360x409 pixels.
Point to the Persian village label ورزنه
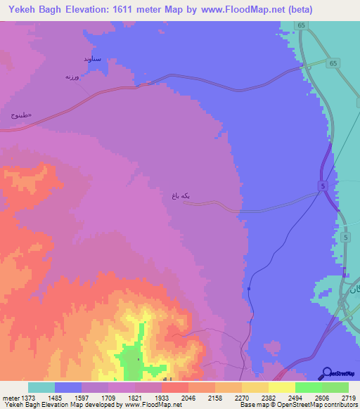coord(75,76)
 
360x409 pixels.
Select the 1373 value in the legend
coord(30,397)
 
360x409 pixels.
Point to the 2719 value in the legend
coord(349,397)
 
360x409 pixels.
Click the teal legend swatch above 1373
coord(41,387)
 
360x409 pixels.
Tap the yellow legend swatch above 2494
coord(282,387)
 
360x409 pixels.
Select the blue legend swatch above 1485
coord(68,387)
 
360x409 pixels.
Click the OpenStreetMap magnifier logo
coord(326,372)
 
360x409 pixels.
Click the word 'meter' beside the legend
coord(11,397)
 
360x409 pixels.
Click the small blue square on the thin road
coord(250,287)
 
